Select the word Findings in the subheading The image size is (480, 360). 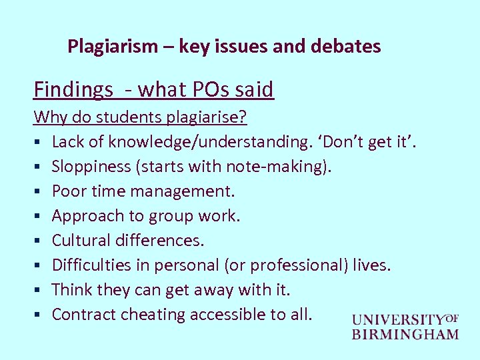[73, 89]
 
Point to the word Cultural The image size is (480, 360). [80, 240]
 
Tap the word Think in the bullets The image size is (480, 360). [71, 289]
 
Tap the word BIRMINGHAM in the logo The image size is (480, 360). [405, 334]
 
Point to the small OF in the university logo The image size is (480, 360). [453, 318]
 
